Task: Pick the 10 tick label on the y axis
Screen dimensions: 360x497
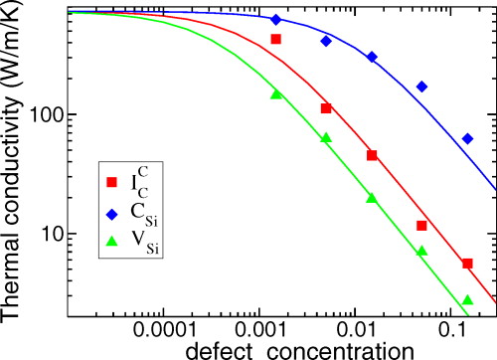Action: coord(54,235)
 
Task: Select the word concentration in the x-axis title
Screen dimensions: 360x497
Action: coord(328,350)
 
